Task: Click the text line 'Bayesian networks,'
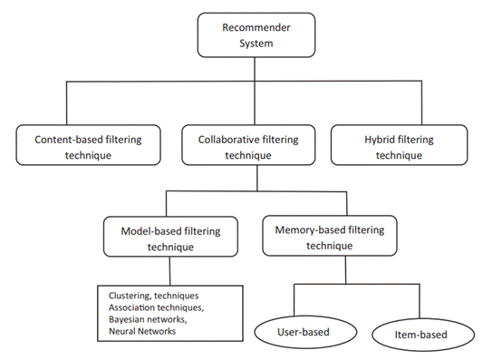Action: point(148,320)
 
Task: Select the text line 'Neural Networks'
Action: point(142,333)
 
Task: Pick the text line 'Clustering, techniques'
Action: point(154,296)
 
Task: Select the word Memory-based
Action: point(303,229)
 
